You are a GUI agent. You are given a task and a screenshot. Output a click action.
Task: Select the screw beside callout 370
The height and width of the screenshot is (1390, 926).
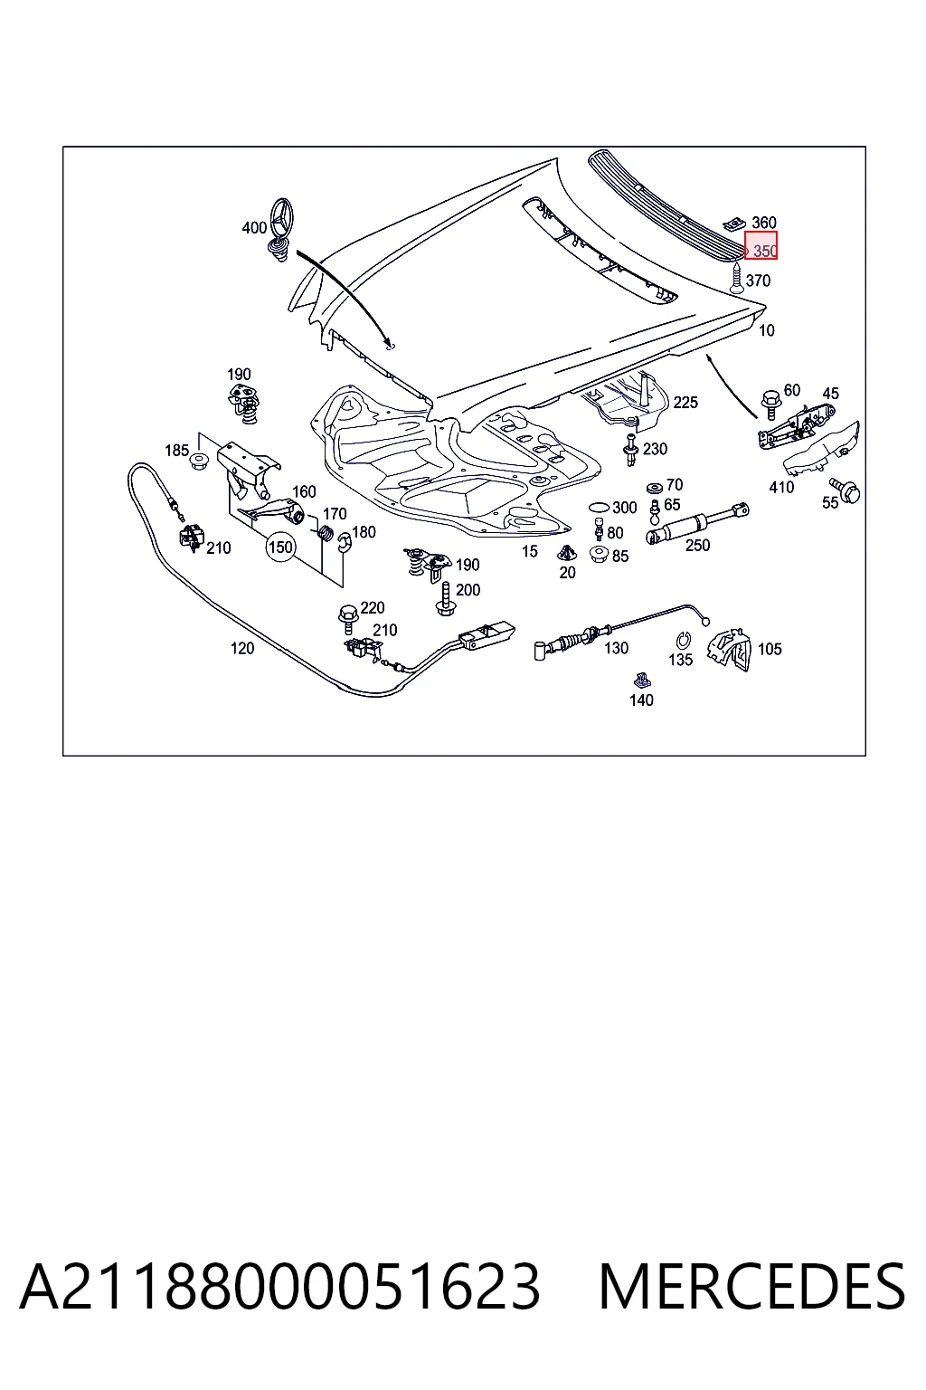coord(737,278)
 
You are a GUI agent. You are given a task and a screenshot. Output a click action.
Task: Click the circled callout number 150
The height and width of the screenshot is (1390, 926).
coord(280,547)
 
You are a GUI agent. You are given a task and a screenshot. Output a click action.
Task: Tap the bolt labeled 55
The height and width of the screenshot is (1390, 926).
coord(846,490)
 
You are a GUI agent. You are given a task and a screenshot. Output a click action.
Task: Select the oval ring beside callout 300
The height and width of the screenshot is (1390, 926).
coord(599,507)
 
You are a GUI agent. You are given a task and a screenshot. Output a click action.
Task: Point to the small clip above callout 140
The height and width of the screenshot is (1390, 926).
coord(642,681)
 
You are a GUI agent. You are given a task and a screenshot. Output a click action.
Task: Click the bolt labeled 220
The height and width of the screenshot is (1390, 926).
coord(346,614)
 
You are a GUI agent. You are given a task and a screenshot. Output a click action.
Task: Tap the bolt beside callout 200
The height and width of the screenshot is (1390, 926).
coord(444,599)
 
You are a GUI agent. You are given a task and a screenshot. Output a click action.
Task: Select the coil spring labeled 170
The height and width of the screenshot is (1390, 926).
coord(325,532)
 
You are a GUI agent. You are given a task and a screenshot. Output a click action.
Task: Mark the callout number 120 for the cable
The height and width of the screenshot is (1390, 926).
coord(241,648)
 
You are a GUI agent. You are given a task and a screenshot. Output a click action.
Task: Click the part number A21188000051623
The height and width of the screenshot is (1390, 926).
coord(279,1287)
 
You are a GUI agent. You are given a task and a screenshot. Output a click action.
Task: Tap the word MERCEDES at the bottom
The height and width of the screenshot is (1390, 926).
coord(751,1287)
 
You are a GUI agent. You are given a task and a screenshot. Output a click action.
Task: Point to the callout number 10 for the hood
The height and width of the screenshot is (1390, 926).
coord(767,330)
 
